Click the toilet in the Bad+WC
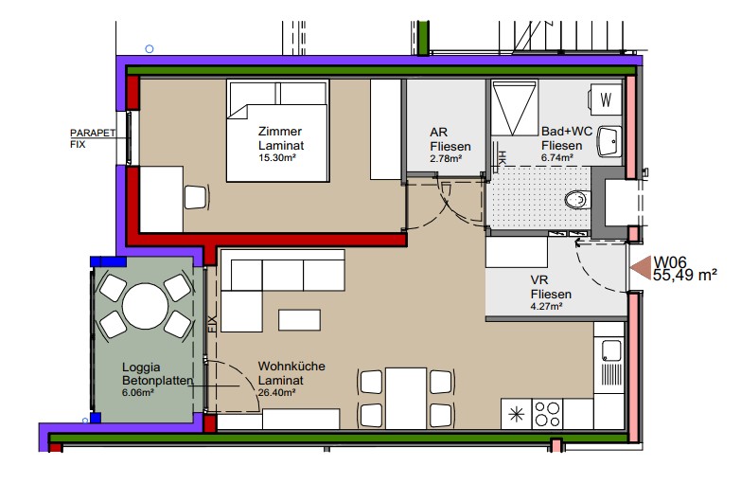[578, 200]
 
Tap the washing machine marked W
[606, 99]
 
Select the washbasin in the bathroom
[609, 141]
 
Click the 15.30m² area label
[277, 158]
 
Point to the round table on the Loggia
[146, 306]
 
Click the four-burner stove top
[548, 414]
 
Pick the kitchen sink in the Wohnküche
[611, 351]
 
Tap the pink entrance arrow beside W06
[641, 267]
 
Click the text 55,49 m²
[685, 275]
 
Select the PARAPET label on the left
[93, 133]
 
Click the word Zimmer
[280, 131]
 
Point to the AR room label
[438, 132]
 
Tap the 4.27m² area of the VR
[546, 307]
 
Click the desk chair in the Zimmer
[196, 197]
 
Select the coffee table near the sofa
[300, 320]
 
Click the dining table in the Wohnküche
[406, 399]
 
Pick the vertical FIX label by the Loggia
[211, 326]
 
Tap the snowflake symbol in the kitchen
[517, 415]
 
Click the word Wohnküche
[291, 367]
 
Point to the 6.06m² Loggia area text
[138, 392]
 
